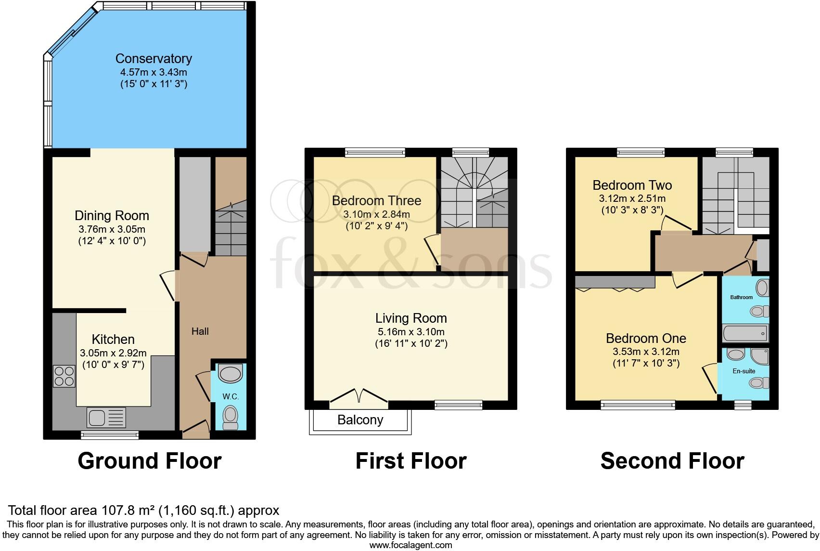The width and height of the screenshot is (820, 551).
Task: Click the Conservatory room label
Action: point(154,59)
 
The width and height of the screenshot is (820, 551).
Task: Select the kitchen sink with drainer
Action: point(106,417)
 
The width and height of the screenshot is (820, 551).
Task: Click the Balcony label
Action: point(360,420)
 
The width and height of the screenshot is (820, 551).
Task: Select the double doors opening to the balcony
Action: point(359,395)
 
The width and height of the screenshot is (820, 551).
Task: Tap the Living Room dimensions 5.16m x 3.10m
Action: point(411,332)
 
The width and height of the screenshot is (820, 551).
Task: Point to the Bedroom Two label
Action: point(632,185)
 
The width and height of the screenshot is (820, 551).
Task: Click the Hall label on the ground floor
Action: point(200,331)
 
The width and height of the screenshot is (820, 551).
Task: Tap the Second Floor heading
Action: point(672,461)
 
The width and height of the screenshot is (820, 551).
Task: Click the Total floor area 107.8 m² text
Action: point(143,510)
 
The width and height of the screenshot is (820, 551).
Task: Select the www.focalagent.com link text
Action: point(410,545)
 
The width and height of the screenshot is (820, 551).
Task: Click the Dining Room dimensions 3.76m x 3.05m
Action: point(112,229)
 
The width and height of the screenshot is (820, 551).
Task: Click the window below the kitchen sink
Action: point(110,435)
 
